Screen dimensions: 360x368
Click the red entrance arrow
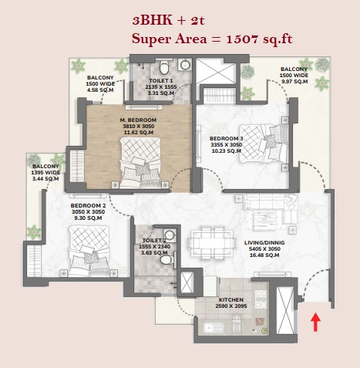[x=315, y=322]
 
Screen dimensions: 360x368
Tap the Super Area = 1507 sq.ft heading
[x=212, y=39]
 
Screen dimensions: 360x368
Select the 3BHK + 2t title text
[x=169, y=21]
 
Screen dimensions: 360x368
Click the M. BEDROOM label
[x=138, y=120]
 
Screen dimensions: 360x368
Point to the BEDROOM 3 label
[x=227, y=139]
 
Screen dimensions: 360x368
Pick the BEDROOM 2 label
[x=88, y=206]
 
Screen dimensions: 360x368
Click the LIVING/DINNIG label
[x=264, y=243]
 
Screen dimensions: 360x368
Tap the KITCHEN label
[x=231, y=300]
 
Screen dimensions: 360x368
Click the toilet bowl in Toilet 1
[x=164, y=67]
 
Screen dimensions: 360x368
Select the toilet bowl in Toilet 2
[x=167, y=260]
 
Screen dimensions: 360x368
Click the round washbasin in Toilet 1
[x=185, y=65]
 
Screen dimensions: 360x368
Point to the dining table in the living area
[x=213, y=243]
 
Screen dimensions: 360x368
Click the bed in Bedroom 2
[x=89, y=251]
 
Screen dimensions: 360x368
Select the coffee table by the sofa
[x=264, y=220]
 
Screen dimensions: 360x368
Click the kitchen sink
[x=214, y=328]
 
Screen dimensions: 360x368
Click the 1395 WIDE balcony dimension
[x=45, y=173]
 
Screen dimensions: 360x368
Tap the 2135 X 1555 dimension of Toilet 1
[x=161, y=87]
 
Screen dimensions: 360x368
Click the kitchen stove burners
[x=261, y=299]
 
